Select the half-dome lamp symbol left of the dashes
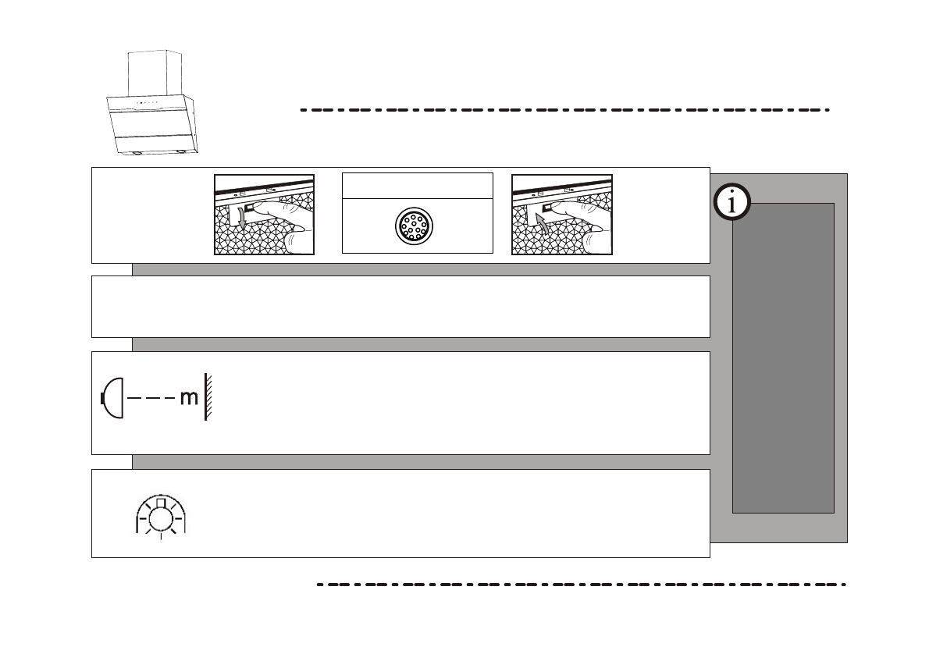[112, 397]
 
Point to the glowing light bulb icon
[161, 516]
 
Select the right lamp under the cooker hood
[181, 152]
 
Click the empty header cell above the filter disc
[418, 186]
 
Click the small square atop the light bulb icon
[161, 503]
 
